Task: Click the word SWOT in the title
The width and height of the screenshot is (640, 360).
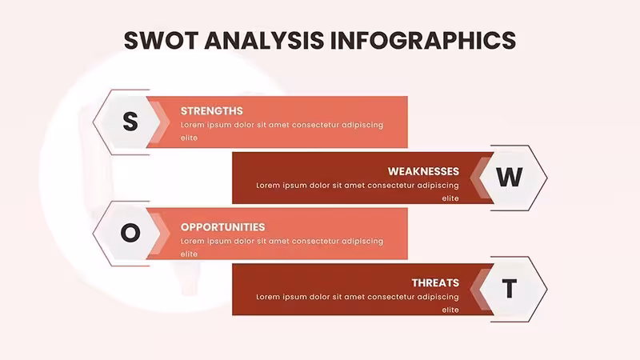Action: pos(162,41)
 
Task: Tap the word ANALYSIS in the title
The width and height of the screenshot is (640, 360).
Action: pos(264,41)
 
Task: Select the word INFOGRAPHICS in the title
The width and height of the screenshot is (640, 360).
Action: pos(423,41)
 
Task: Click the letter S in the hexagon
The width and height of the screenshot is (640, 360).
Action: pos(130,122)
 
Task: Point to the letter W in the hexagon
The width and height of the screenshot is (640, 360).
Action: pos(510,177)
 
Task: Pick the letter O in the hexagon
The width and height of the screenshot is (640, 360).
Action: pos(130,233)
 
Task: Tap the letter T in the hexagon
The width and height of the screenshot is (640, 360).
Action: pos(510,289)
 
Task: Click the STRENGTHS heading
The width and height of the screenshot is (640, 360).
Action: pos(211,111)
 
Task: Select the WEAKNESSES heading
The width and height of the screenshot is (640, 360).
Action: pos(423,171)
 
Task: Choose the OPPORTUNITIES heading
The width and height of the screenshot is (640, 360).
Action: pos(223,227)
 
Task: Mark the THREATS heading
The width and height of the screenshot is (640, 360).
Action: pos(435,283)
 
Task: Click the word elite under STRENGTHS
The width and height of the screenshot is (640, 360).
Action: pos(189,138)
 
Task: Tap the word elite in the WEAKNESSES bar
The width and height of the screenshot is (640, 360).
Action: pos(450,198)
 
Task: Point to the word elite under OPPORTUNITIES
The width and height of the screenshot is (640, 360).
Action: pos(189,254)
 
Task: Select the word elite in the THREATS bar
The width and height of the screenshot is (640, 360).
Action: pos(450,310)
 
